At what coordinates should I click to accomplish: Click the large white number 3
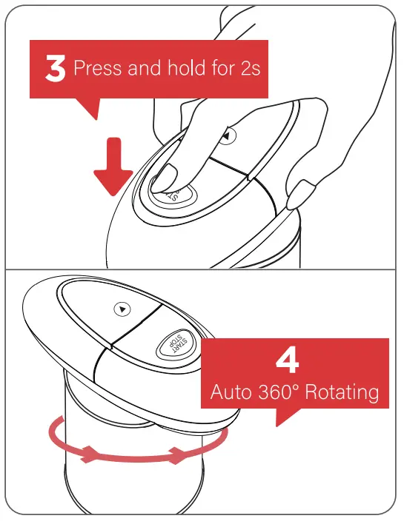[55, 69]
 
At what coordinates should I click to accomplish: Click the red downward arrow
[113, 167]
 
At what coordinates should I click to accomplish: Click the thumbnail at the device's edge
[301, 194]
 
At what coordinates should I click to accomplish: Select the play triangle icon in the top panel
[227, 136]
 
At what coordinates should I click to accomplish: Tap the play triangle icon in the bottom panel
[122, 309]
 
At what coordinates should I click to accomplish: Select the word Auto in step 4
[231, 392]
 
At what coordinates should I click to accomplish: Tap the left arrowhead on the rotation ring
[88, 454]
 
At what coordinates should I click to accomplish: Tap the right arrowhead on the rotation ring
[177, 456]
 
